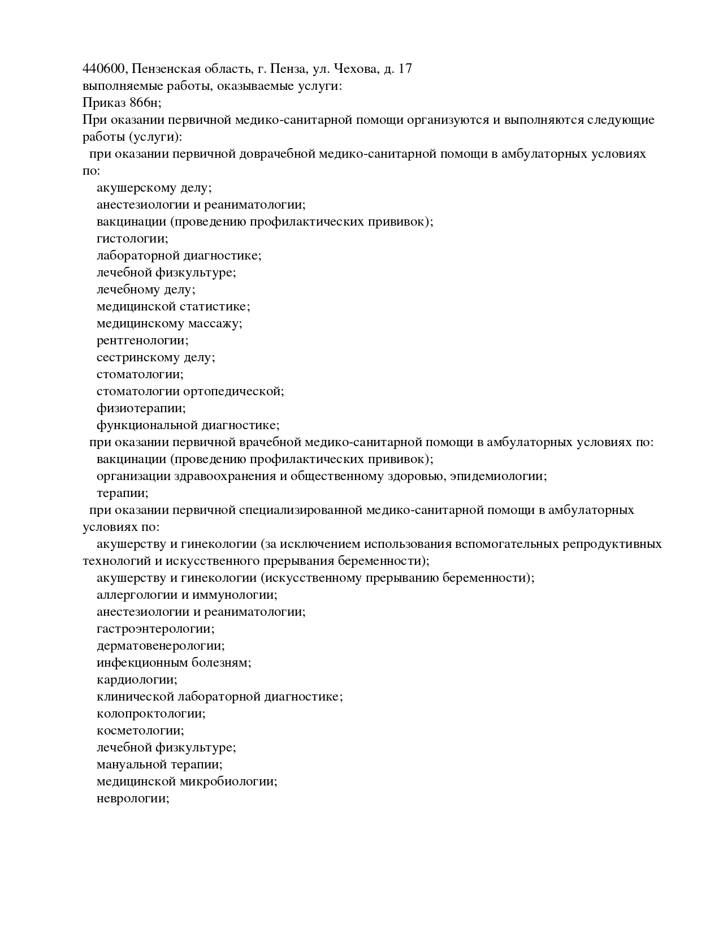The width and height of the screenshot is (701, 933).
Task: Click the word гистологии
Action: tap(132, 239)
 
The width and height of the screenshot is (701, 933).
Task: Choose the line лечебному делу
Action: tap(145, 290)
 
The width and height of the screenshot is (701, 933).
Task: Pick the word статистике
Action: tap(214, 306)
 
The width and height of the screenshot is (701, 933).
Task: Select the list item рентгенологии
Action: tap(142, 340)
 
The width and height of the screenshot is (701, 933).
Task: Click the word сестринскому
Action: tap(137, 357)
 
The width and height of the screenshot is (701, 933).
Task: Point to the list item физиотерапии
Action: tap(141, 408)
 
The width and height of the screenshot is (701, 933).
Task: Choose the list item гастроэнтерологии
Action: tap(155, 629)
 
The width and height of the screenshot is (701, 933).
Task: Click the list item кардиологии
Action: tap(136, 680)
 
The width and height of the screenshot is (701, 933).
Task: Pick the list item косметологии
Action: tap(140, 731)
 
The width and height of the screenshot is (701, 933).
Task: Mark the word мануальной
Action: tap(131, 764)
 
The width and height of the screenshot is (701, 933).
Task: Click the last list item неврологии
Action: tap(132, 798)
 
